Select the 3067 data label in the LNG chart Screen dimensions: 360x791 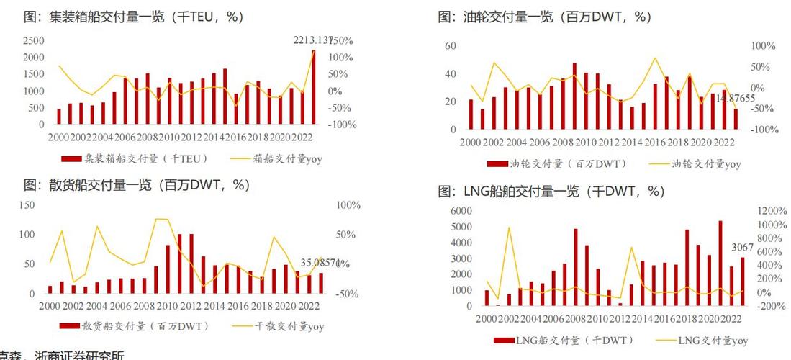click(742, 248)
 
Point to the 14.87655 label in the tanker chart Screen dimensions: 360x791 click(735, 98)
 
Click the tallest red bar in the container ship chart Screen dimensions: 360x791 click(313, 86)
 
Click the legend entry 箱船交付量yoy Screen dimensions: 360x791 click(276, 159)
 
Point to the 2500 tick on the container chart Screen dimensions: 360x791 click(32, 41)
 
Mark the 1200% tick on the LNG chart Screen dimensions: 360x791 click(771, 210)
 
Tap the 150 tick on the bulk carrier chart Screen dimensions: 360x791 click(27, 205)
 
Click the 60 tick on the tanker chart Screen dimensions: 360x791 click(451, 46)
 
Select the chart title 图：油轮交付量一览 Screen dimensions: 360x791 click(544, 17)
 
